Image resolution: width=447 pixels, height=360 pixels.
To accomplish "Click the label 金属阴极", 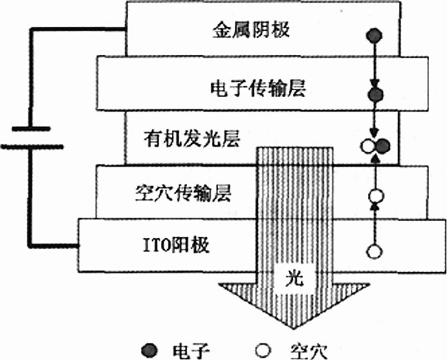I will (x=244, y=31).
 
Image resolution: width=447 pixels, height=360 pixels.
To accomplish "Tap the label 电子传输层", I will (x=256, y=88).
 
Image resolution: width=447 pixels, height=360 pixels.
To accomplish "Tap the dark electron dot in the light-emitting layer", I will (x=384, y=145).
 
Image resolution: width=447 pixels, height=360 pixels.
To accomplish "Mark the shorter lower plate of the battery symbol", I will (x=31, y=146).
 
